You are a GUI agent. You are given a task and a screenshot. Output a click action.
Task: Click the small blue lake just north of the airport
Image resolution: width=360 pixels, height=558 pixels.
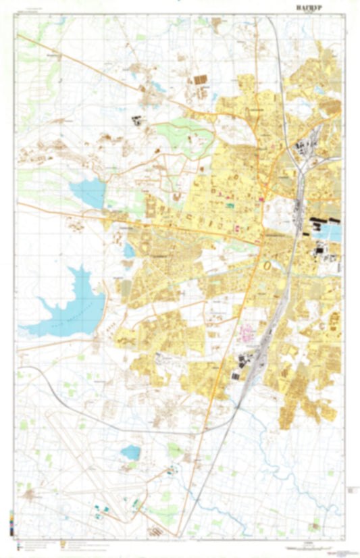tap(130, 452)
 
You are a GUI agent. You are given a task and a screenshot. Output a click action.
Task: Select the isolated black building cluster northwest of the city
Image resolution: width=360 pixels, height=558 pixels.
tap(137, 122)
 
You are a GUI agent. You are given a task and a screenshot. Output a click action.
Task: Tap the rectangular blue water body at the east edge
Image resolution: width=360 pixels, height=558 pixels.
tap(333, 233)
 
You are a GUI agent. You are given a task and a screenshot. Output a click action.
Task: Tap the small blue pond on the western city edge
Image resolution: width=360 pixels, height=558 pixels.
tap(129, 251)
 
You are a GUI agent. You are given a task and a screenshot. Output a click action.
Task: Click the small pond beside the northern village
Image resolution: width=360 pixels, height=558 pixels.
tap(157, 86)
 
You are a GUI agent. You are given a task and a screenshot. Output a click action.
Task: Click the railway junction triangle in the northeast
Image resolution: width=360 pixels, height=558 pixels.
tap(297, 152)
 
